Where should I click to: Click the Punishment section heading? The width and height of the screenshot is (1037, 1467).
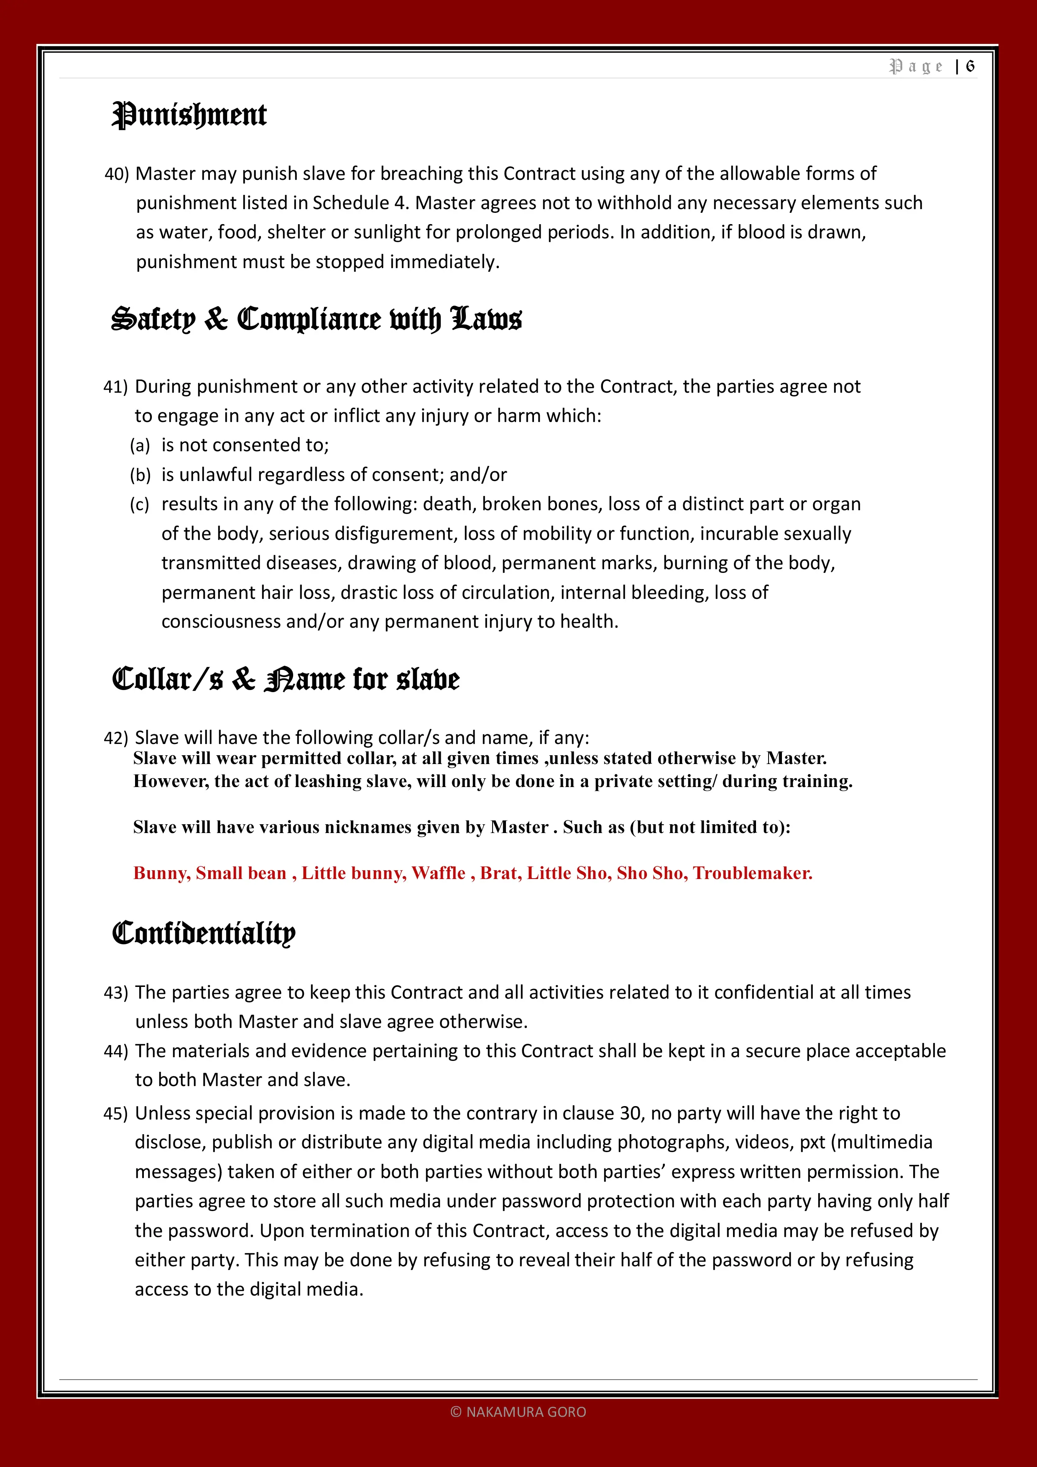tap(189, 116)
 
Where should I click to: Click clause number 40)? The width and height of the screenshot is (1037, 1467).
tap(117, 174)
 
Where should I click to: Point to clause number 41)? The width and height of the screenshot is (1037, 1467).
tap(116, 387)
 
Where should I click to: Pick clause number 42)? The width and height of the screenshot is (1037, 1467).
tap(116, 738)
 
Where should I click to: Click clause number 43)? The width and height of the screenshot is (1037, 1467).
tap(116, 993)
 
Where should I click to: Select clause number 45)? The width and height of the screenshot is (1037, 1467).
tap(116, 1114)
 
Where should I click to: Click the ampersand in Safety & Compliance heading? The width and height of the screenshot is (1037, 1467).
tap(216, 319)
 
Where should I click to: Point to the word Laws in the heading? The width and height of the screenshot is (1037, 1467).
tap(486, 319)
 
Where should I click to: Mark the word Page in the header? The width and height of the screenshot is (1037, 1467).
tap(916, 66)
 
